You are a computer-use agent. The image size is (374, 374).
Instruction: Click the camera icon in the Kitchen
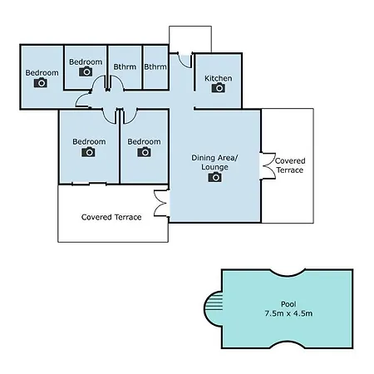(219, 88)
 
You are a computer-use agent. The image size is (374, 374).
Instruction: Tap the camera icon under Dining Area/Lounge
(214, 177)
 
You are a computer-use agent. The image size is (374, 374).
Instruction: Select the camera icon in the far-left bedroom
(41, 82)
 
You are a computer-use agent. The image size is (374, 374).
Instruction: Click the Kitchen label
(219, 78)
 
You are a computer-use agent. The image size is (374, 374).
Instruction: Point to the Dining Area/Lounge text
(214, 162)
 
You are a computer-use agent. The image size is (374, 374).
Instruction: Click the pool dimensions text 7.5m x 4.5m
(288, 313)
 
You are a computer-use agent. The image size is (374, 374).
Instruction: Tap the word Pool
(288, 304)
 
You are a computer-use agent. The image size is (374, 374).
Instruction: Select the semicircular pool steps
(214, 307)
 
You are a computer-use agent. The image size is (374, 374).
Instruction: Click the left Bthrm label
(125, 66)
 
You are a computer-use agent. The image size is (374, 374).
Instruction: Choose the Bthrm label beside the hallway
(155, 66)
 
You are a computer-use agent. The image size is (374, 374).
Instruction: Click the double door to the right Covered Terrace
(268, 165)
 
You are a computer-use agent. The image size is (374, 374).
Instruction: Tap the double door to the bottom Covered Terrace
(161, 203)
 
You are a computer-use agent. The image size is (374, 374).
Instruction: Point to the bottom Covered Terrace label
(111, 217)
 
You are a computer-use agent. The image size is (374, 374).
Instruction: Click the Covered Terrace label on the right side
(290, 165)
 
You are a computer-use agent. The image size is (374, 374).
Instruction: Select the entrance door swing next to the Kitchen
(185, 61)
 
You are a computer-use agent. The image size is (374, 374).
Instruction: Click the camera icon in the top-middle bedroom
(86, 71)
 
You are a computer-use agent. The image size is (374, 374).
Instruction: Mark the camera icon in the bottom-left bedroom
(88, 152)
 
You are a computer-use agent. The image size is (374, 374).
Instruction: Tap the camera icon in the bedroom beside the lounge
(144, 152)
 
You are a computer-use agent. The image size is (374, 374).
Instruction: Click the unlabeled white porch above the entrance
(190, 39)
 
